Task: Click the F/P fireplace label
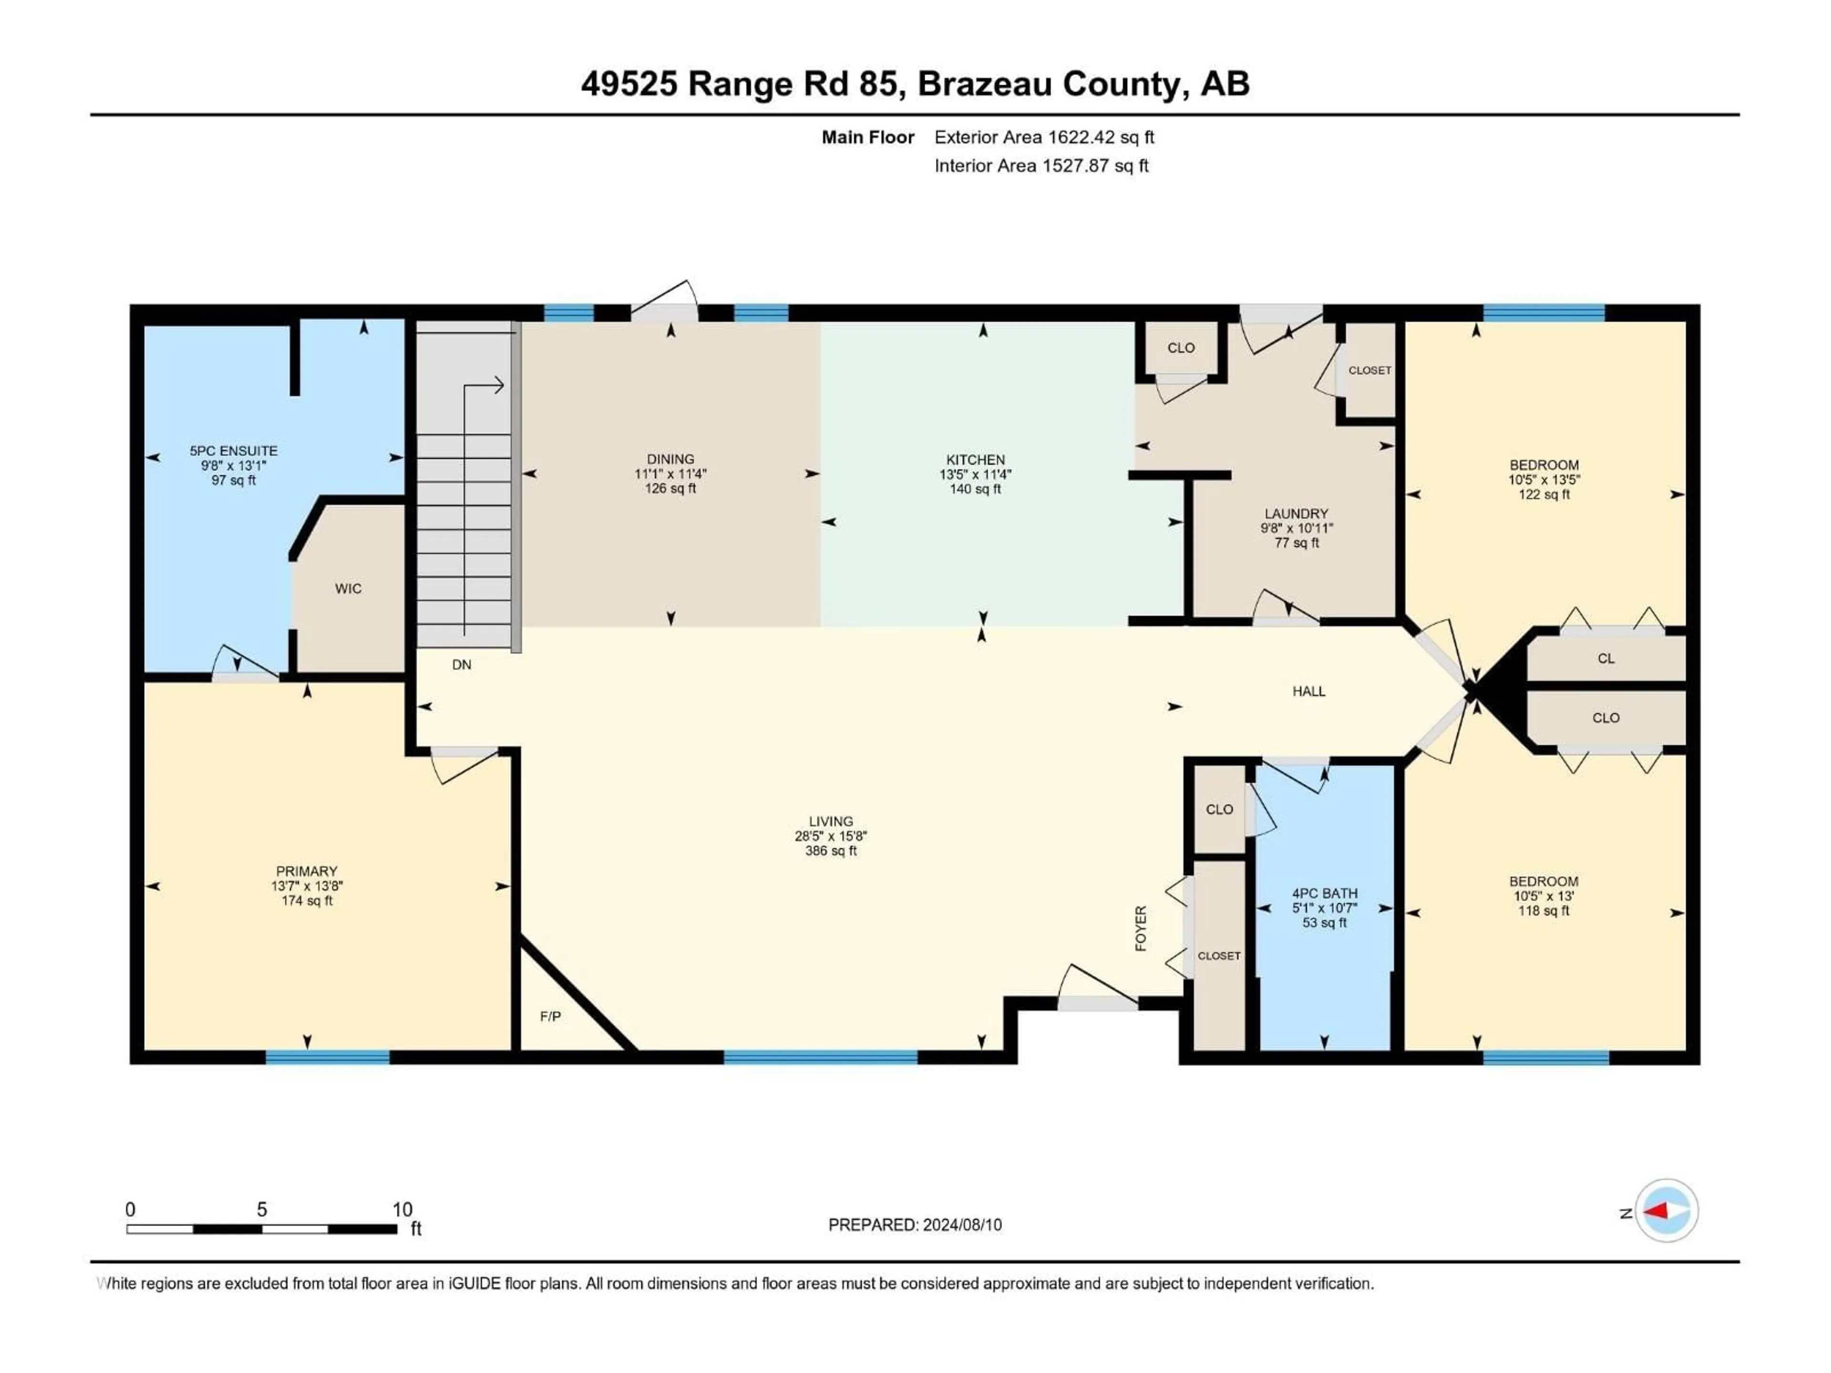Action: coord(550,1016)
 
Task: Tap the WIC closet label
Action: coord(348,588)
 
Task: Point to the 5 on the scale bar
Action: coord(262,1209)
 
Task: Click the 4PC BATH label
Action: coord(1325,893)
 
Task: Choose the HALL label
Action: coord(1309,691)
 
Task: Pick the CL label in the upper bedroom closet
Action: coord(1606,659)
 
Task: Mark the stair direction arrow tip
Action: coord(502,385)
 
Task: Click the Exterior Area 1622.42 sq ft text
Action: coord(1044,137)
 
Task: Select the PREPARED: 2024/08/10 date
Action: coord(915,1225)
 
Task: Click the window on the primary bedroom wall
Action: coord(327,1057)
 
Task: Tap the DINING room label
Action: coord(670,459)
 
